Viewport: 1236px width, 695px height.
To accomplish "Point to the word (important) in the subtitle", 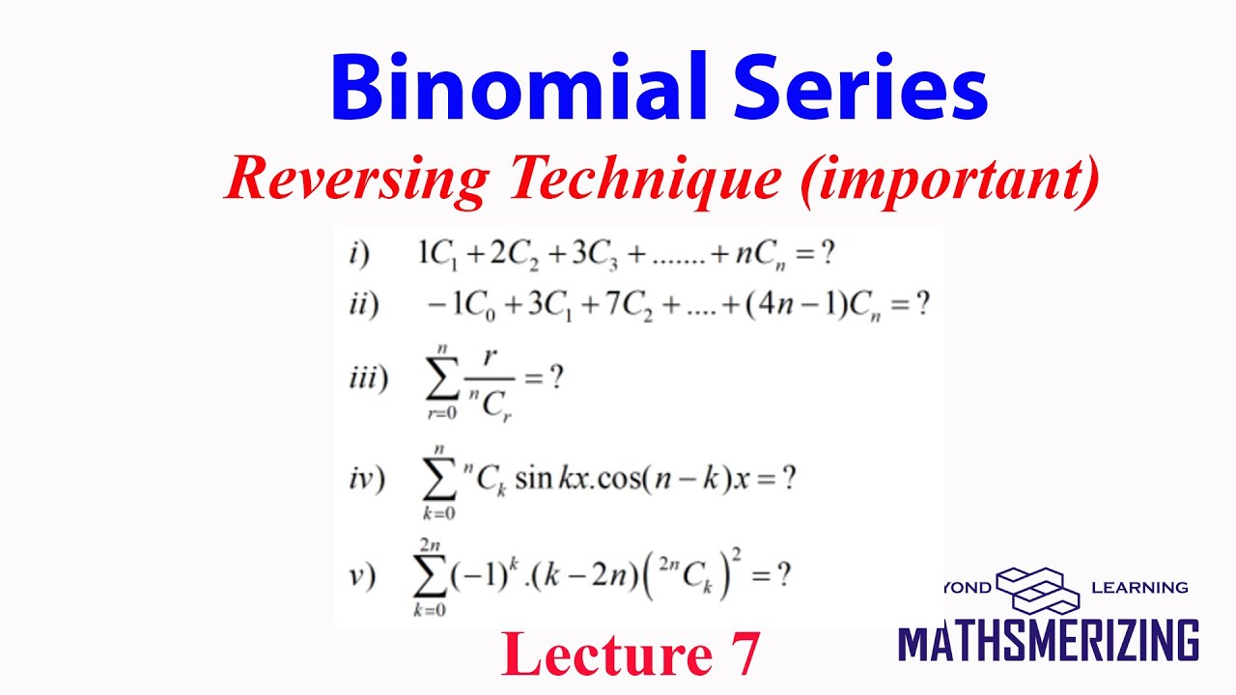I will [x=948, y=181].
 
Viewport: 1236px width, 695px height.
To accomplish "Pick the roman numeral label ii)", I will [x=364, y=305].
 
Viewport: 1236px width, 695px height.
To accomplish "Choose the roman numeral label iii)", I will [x=368, y=379].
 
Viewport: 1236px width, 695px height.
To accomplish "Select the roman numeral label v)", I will [x=363, y=576].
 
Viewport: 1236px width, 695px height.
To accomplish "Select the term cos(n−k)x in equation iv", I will [x=666, y=480].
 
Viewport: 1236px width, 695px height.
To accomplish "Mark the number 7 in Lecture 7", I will [x=741, y=655].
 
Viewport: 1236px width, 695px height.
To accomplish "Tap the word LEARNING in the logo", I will [x=1139, y=587].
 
